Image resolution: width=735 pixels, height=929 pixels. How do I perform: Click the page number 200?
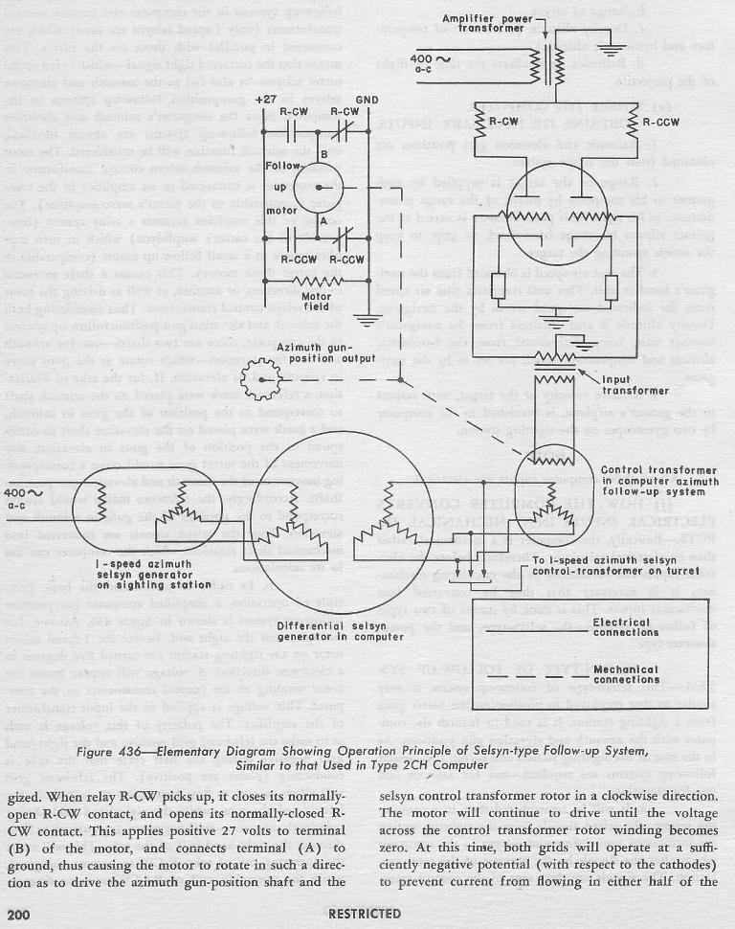(x=21, y=914)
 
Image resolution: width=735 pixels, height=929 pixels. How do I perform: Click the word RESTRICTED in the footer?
(x=364, y=914)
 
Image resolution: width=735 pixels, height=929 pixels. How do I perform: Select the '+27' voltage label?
(x=265, y=99)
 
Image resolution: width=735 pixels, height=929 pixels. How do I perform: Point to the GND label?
(x=366, y=99)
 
